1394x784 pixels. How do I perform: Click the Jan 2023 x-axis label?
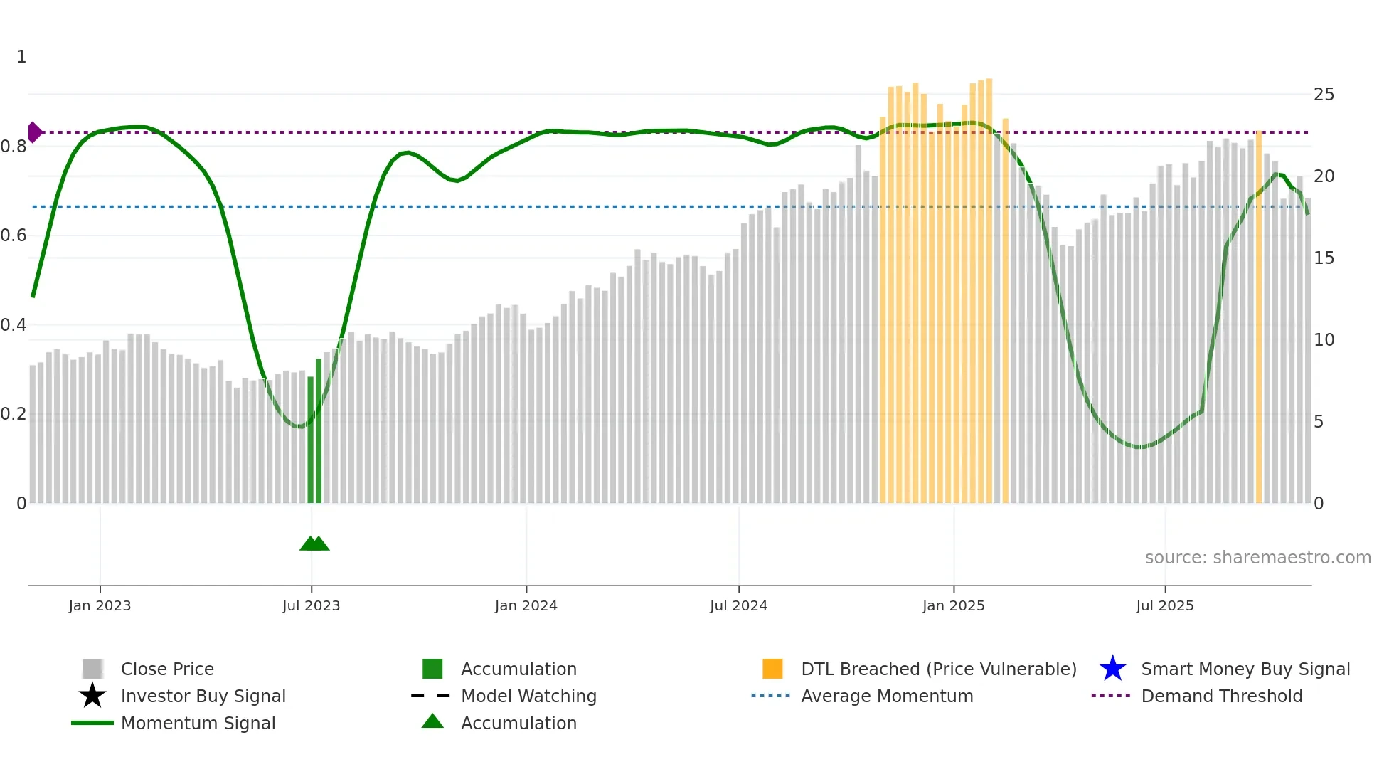coord(100,606)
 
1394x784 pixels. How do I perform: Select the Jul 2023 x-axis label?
coord(311,606)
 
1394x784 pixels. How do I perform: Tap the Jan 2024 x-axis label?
coord(526,606)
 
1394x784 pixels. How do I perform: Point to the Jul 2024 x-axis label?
coord(738,606)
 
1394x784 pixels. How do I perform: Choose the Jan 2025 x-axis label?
coord(953,606)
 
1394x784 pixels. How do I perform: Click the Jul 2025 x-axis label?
coord(1164,606)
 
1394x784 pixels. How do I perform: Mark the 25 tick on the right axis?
coord(1324,95)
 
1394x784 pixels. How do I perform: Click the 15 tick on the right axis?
coord(1324,258)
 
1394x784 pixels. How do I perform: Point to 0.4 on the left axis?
coord(14,325)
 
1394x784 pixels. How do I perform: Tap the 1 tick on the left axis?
coord(21,57)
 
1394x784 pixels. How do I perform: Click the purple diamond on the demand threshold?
coord(34,132)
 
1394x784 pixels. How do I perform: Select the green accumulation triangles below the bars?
coord(314,544)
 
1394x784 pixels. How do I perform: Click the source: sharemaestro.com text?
coord(1257,558)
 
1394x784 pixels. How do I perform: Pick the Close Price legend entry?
coord(167,669)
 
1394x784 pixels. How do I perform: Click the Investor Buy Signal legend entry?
coord(203,696)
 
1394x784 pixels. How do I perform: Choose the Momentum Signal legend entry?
coord(198,724)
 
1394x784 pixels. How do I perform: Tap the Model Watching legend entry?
coord(528,696)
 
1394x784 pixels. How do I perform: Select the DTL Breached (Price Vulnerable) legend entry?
coord(938,669)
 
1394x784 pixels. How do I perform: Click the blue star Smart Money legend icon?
coord(1112,669)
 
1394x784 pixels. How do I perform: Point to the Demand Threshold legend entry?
coord(1221,696)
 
